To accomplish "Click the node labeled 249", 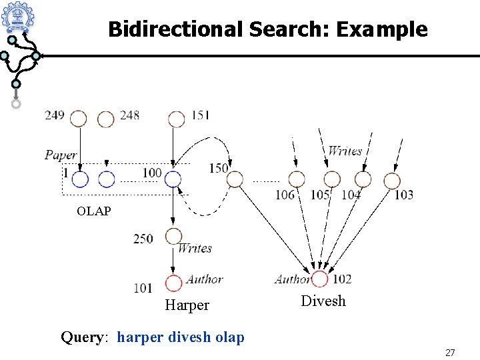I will pyautogui.click(x=79, y=119).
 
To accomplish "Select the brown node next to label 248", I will pyautogui.click(x=105, y=119).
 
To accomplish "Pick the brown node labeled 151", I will pyautogui.click(x=176, y=119).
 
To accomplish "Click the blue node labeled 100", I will pyautogui.click(x=173, y=178).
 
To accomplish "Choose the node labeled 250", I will pyautogui.click(x=173, y=235).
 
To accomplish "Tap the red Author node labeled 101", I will pyautogui.click(x=173, y=283).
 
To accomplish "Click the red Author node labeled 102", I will pyautogui.click(x=319, y=279).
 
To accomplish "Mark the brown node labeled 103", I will pyautogui.click(x=392, y=180).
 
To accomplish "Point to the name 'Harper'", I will pyautogui.click(x=187, y=305).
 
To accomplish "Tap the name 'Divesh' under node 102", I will pyautogui.click(x=323, y=301).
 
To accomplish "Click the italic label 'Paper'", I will pyautogui.click(x=61, y=155).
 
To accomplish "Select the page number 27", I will pyautogui.click(x=450, y=351).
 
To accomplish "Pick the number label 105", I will pyautogui.click(x=320, y=195).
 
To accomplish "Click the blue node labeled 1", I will pyautogui.click(x=80, y=179).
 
